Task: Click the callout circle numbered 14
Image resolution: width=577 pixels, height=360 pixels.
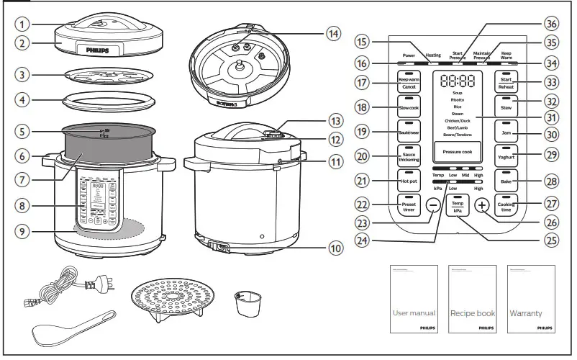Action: tap(332, 33)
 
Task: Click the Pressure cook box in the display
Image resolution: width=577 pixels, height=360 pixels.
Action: tap(457, 152)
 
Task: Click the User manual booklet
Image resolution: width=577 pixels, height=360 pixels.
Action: tap(413, 299)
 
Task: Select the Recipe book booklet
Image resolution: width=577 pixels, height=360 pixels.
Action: tap(472, 299)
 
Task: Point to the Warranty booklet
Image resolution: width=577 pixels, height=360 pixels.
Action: tap(531, 299)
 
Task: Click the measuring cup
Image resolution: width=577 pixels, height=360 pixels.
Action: tap(246, 304)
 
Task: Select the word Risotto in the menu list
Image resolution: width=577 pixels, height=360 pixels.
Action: tap(457, 99)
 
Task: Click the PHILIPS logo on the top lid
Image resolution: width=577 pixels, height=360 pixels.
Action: tap(99, 50)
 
